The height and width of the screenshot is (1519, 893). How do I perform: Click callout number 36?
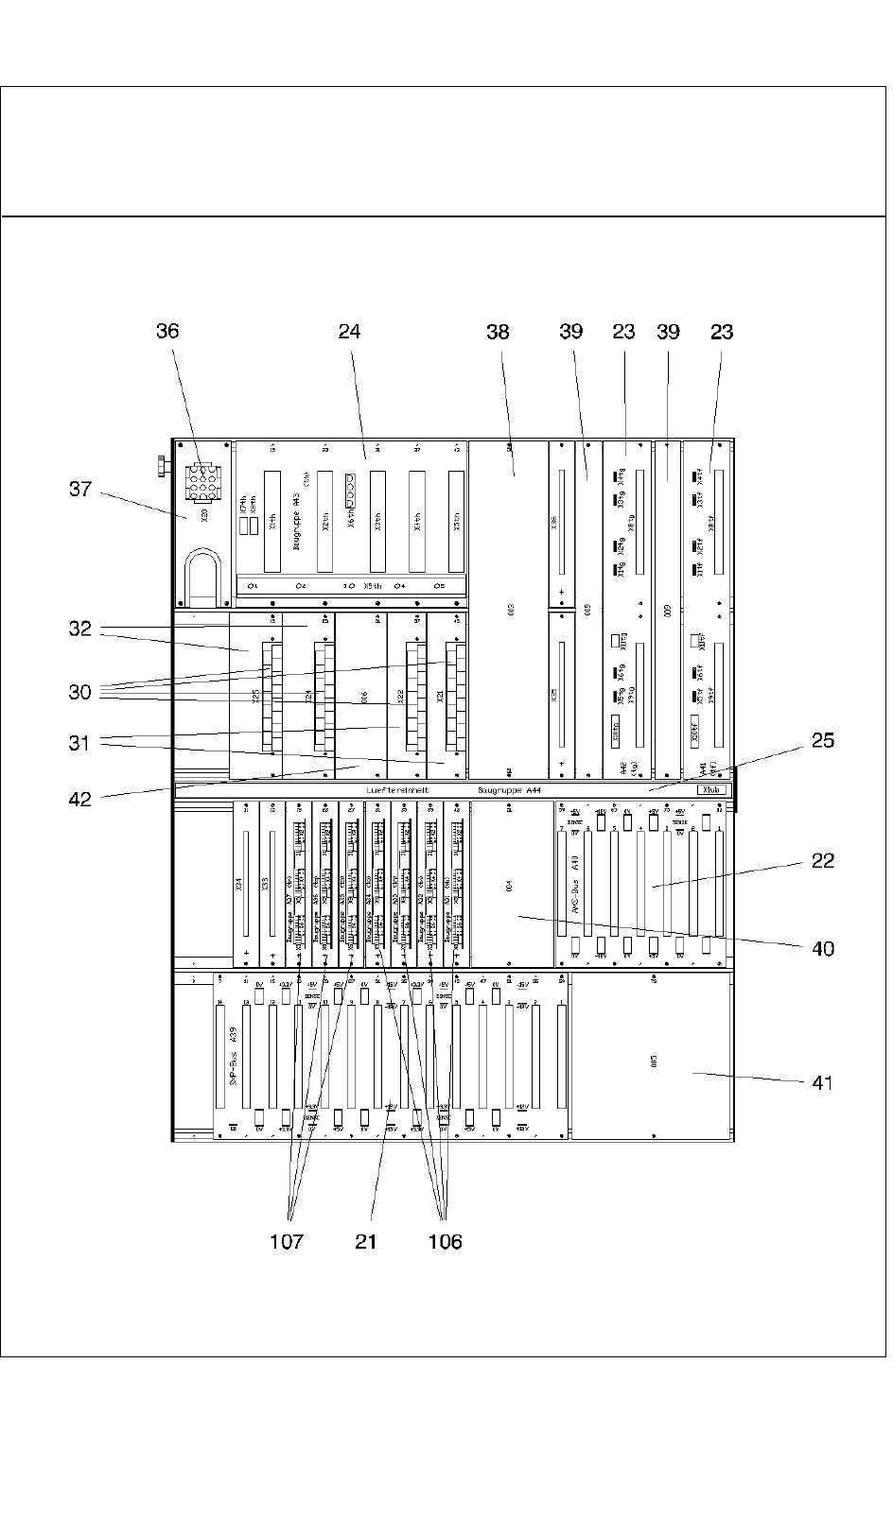167,331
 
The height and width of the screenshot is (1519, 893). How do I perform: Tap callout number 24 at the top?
349,331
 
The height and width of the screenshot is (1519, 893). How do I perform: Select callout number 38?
498,331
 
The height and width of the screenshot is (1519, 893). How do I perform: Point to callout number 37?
80,489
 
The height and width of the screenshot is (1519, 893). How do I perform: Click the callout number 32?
80,629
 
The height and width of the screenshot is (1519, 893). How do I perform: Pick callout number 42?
80,799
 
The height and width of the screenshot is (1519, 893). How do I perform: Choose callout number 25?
823,740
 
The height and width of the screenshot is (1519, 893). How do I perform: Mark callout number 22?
823,860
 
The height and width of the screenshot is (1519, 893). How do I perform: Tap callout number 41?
823,1081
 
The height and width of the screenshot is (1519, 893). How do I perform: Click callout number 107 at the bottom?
287,1241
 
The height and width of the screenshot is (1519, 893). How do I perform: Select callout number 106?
445,1241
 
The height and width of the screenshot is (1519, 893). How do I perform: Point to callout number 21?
366,1241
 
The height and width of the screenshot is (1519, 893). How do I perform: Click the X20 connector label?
201,517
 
